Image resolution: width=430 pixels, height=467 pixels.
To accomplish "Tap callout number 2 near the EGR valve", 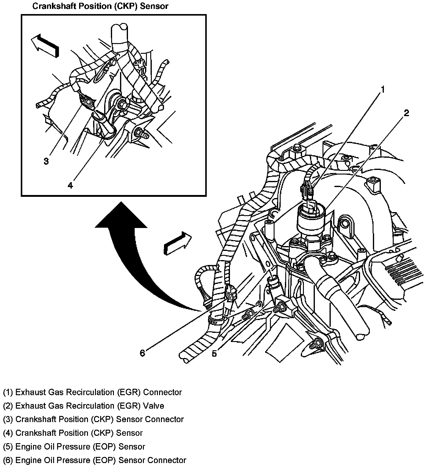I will pos(406,113).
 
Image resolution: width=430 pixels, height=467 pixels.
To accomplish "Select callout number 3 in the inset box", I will pos(46,161).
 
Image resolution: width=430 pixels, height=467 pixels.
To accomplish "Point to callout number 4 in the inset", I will pos(70,185).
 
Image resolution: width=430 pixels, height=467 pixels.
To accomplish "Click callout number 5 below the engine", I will pos(214,354).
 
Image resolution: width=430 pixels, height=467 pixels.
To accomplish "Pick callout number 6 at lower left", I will pos(142,353).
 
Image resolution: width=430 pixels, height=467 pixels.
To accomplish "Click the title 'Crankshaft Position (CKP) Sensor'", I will pos(100,6).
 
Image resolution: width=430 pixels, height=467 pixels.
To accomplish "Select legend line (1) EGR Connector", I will pos(92,392).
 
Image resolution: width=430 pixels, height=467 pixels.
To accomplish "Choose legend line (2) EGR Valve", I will pos(83,406).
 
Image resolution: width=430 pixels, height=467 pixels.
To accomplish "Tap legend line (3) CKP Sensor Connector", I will pos(93,419).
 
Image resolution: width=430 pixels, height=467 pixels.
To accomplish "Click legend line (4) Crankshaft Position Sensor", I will pos(73,433).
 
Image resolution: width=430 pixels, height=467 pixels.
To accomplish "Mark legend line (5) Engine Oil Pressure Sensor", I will pos(74,447).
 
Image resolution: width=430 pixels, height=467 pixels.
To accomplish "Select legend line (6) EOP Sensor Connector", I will pos(94,460).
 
